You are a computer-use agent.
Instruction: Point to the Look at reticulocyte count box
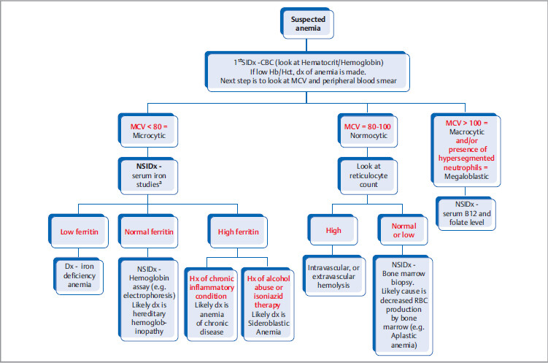tap(358, 175)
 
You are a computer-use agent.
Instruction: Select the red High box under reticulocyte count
tap(334, 230)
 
